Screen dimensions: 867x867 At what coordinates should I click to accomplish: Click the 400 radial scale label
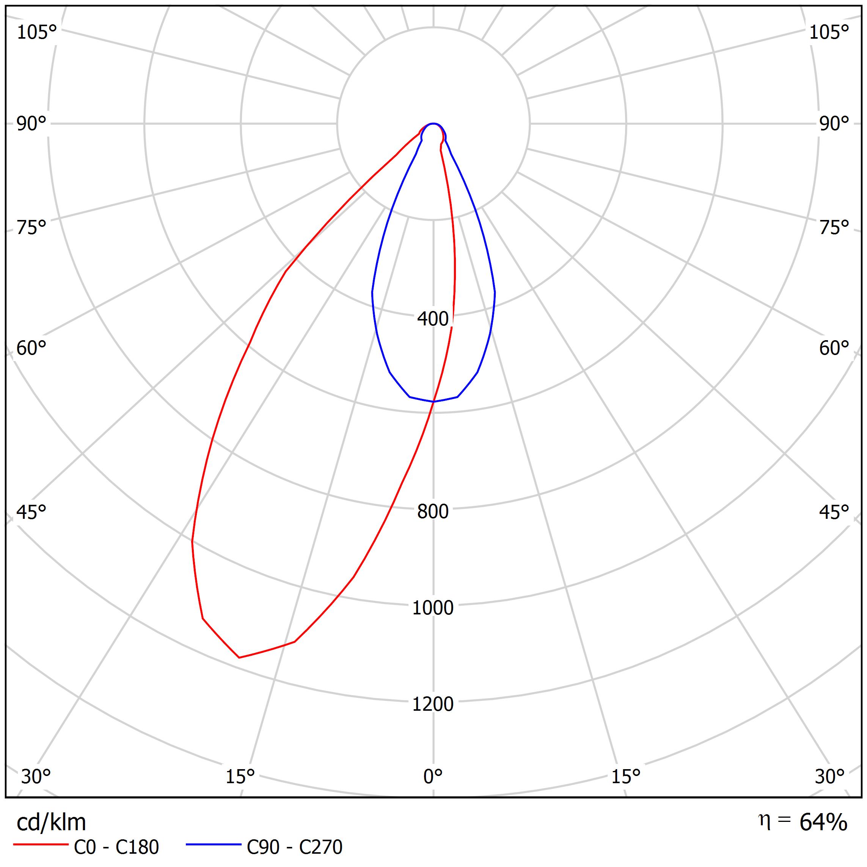coord(433,319)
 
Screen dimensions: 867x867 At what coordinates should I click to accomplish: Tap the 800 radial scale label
coord(433,512)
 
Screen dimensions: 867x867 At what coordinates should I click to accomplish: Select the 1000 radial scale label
coord(433,608)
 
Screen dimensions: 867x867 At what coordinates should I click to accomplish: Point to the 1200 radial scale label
coord(433,704)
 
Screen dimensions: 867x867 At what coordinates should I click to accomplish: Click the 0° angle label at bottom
coord(433,776)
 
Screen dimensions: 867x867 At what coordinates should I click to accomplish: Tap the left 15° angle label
coord(240,776)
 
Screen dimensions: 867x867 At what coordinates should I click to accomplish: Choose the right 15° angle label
coord(625,776)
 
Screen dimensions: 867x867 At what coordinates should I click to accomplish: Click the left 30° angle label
coord(36,776)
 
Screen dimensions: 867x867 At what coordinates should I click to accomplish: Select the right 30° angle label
coord(830,776)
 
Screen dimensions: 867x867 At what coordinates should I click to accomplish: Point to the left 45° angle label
coord(31,512)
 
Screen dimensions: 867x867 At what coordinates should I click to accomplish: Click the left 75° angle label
coord(31,228)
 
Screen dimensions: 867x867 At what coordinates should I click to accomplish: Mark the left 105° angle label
coord(37,32)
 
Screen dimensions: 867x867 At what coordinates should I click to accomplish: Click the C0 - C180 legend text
coord(116,847)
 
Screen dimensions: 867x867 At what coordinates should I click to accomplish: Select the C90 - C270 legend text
coord(294,847)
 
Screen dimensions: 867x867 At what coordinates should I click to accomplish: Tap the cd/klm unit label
coord(51,823)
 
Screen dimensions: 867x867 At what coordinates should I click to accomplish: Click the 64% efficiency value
coord(823,823)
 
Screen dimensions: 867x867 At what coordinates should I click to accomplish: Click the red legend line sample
coord(40,845)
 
